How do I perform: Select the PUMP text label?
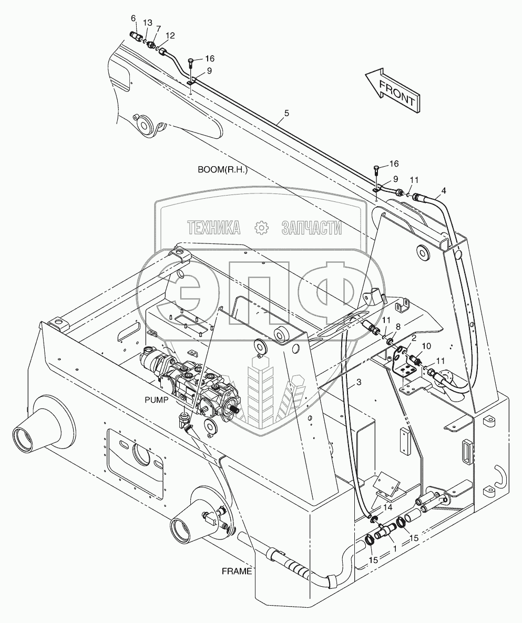click(156, 400)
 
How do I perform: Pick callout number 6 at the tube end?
click(133, 18)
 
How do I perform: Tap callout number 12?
click(170, 36)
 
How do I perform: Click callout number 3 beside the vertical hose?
click(359, 383)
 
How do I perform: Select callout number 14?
click(387, 508)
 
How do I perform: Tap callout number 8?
click(398, 326)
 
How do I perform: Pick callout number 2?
click(414, 337)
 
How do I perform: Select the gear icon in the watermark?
click(261, 227)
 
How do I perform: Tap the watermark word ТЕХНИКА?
click(214, 227)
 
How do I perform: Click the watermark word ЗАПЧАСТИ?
click(312, 227)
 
